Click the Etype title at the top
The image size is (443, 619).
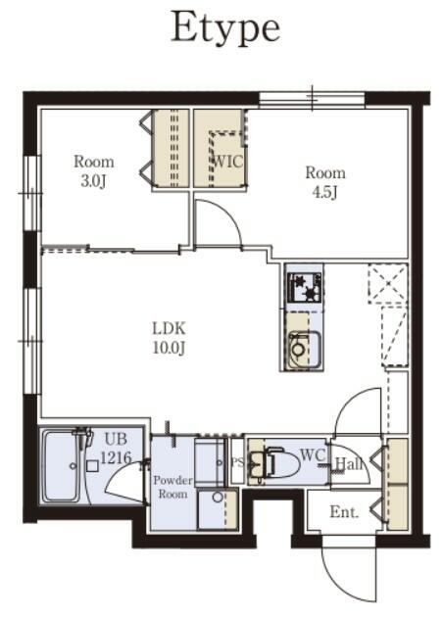coord(225,28)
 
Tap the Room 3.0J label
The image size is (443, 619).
coord(94,171)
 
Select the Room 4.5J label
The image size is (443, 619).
coord(325,182)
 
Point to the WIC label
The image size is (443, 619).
coord(228,162)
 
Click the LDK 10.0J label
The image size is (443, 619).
coord(170,338)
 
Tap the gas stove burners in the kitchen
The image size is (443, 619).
coord(306,288)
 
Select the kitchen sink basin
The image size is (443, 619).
coord(304,351)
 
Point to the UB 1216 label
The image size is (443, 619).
coord(116,448)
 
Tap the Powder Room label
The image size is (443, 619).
coord(172,487)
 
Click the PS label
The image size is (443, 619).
coord(237,462)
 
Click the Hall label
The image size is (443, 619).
coord(349,464)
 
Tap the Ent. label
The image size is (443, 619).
coord(344,512)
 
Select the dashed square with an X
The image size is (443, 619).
coord(388,283)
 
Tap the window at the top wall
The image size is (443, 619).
coord(312,100)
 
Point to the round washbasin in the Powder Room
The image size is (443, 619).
coord(218,497)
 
